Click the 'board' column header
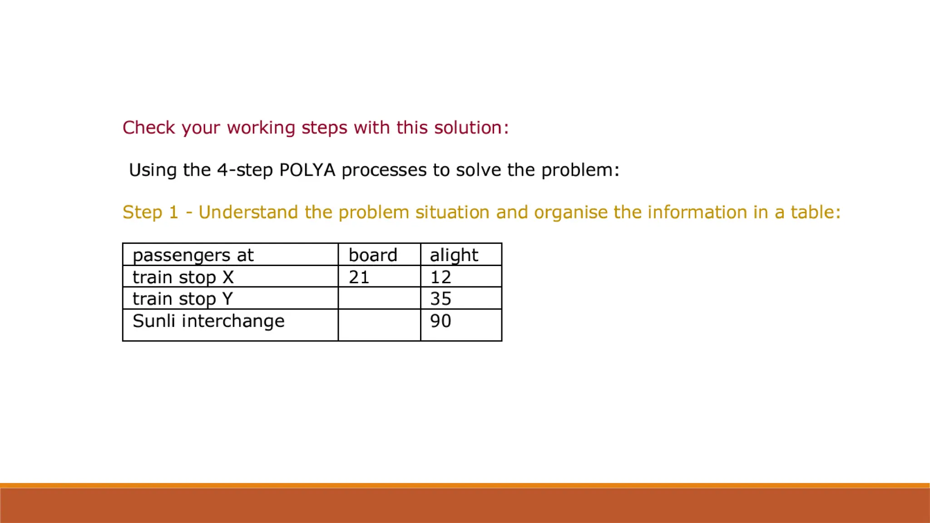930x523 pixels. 373,255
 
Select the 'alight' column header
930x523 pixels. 454,255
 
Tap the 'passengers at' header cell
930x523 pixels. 193,255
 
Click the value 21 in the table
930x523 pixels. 359,277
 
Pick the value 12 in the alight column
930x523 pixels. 440,277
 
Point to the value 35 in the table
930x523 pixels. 440,299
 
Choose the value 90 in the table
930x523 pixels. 440,321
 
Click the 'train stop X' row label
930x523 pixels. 183,277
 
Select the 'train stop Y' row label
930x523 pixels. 183,299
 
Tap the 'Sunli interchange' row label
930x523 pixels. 208,321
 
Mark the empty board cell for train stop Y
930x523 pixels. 379,298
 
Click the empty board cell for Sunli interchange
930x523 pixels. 379,325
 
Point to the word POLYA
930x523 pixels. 307,170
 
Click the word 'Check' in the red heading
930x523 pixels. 149,128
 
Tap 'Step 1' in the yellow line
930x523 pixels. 150,212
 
